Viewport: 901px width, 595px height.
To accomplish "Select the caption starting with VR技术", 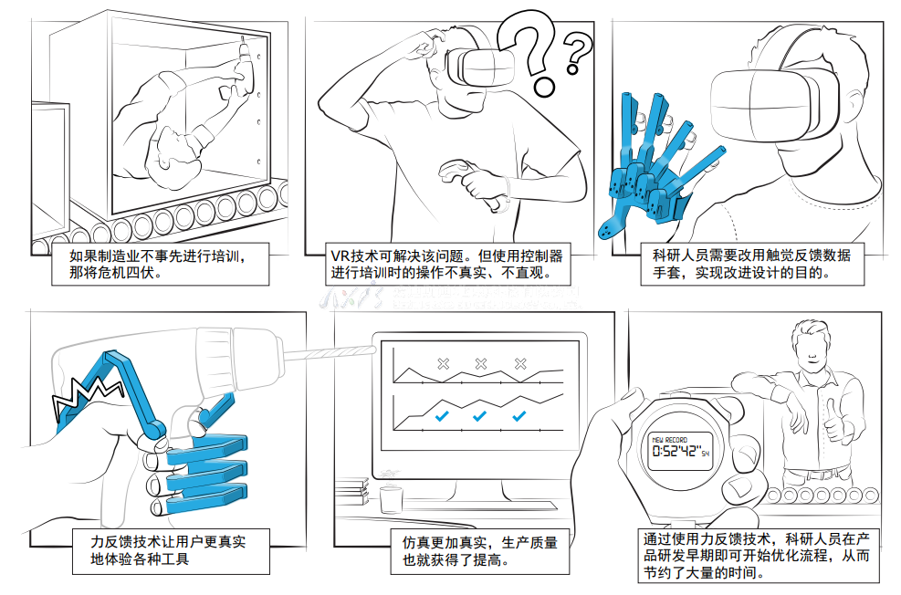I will tap(446, 263).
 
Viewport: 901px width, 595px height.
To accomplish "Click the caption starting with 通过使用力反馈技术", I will tap(759, 555).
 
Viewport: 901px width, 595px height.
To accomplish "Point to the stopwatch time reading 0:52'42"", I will tap(677, 451).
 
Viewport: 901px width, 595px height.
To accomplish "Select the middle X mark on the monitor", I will tap(482, 364).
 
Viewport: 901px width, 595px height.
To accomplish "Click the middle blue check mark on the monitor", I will tap(480, 416).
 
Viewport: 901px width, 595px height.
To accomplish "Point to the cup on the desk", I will tap(392, 499).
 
